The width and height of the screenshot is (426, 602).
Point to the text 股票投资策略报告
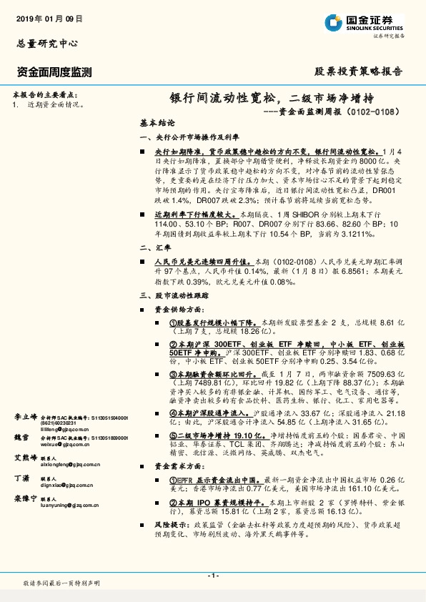[359, 71]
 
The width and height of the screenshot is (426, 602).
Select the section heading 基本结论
[157, 123]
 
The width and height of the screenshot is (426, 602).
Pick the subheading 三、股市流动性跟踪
[167, 295]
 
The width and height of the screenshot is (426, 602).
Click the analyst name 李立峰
[24, 416]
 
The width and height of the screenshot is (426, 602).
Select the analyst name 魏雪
[21, 437]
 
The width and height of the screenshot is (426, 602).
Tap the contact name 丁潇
[21, 478]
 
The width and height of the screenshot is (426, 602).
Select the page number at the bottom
[212, 576]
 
